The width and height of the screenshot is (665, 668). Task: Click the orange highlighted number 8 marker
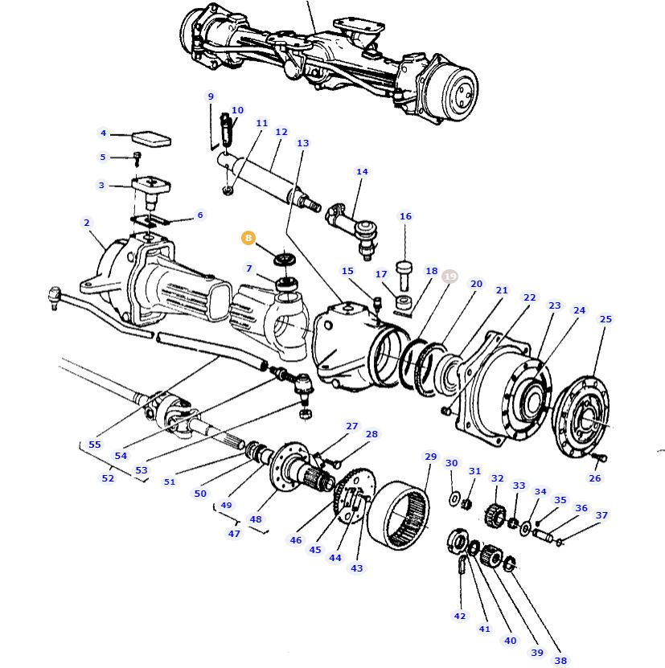[x=248, y=239]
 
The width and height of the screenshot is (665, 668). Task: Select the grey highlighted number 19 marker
[x=449, y=277]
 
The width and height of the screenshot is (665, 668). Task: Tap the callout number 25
[x=605, y=319]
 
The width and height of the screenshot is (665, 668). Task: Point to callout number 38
[x=560, y=661]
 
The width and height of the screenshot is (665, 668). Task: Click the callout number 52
[x=108, y=478]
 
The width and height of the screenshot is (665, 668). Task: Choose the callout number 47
[x=234, y=534]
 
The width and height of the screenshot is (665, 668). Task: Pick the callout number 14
[x=362, y=172]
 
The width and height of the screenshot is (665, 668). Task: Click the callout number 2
[x=86, y=223]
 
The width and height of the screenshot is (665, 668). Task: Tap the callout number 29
[x=430, y=457]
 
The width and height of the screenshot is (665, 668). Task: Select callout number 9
[x=211, y=96]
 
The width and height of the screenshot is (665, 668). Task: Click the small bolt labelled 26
[x=597, y=458]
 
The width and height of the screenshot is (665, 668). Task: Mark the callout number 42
[x=459, y=617]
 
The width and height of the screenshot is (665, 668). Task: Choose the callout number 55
[x=95, y=445]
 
